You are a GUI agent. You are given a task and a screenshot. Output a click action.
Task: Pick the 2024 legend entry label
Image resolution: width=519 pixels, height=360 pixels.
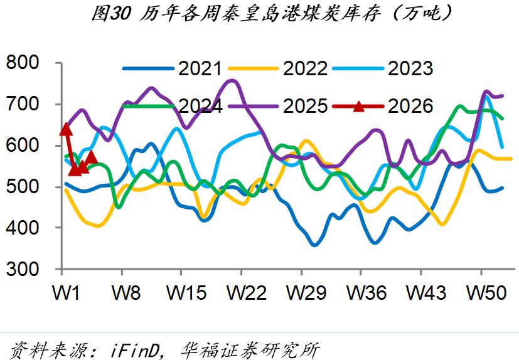[x=200, y=106]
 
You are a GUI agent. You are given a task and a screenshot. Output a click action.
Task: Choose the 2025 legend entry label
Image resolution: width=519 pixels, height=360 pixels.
[x=304, y=106]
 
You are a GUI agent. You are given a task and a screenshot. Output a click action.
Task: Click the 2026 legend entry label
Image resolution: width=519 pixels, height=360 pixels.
[x=410, y=106]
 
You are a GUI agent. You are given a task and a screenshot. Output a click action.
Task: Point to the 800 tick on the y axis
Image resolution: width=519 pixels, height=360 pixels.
[x=22, y=63]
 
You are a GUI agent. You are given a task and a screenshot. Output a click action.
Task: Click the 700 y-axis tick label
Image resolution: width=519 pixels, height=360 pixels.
[x=22, y=104]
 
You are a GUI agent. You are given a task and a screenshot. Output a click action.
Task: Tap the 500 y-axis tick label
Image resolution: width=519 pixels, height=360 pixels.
[x=22, y=187]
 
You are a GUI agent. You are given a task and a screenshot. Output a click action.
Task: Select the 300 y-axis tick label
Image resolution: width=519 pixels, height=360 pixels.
[x=22, y=269]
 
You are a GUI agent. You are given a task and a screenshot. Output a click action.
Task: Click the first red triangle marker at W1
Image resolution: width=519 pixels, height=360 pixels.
[x=65, y=130]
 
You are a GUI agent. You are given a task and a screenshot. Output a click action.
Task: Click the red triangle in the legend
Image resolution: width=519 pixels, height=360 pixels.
[x=358, y=106]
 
